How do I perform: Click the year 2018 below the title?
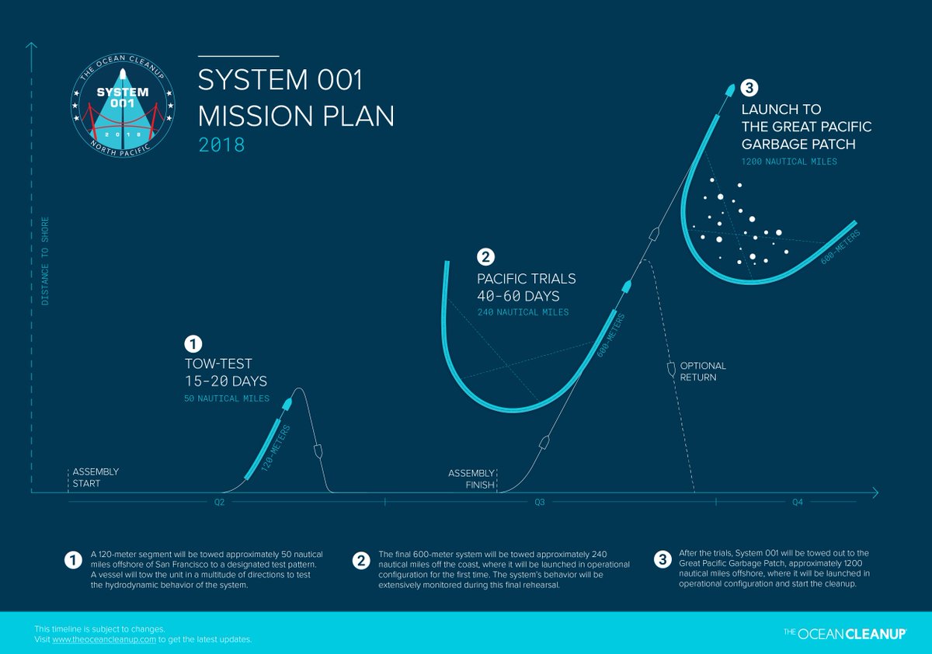pyautogui.click(x=221, y=144)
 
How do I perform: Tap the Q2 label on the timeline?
pyautogui.click(x=220, y=503)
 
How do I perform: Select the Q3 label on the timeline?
pyautogui.click(x=539, y=503)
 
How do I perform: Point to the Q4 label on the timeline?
pyautogui.click(x=798, y=503)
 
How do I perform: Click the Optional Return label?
pyautogui.click(x=703, y=370)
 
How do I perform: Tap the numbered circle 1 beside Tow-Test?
pyautogui.click(x=192, y=343)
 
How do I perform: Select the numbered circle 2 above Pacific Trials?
pyautogui.click(x=485, y=256)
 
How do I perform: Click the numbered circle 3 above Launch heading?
pyautogui.click(x=749, y=87)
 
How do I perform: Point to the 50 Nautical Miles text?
pyautogui.click(x=227, y=398)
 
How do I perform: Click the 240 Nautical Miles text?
pyautogui.click(x=523, y=312)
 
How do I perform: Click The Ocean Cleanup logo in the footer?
pyautogui.click(x=845, y=634)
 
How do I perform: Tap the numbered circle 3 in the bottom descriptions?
pyautogui.click(x=662, y=559)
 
